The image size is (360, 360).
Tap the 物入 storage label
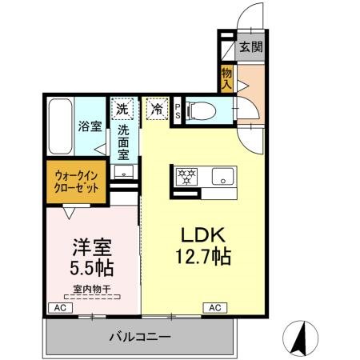coord(226,78)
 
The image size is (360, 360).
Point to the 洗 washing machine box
coord(122,107)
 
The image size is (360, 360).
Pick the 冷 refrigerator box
coord(154,107)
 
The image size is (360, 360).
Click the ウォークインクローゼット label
coord(78,180)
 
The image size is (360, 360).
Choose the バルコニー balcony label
coord(140,338)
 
